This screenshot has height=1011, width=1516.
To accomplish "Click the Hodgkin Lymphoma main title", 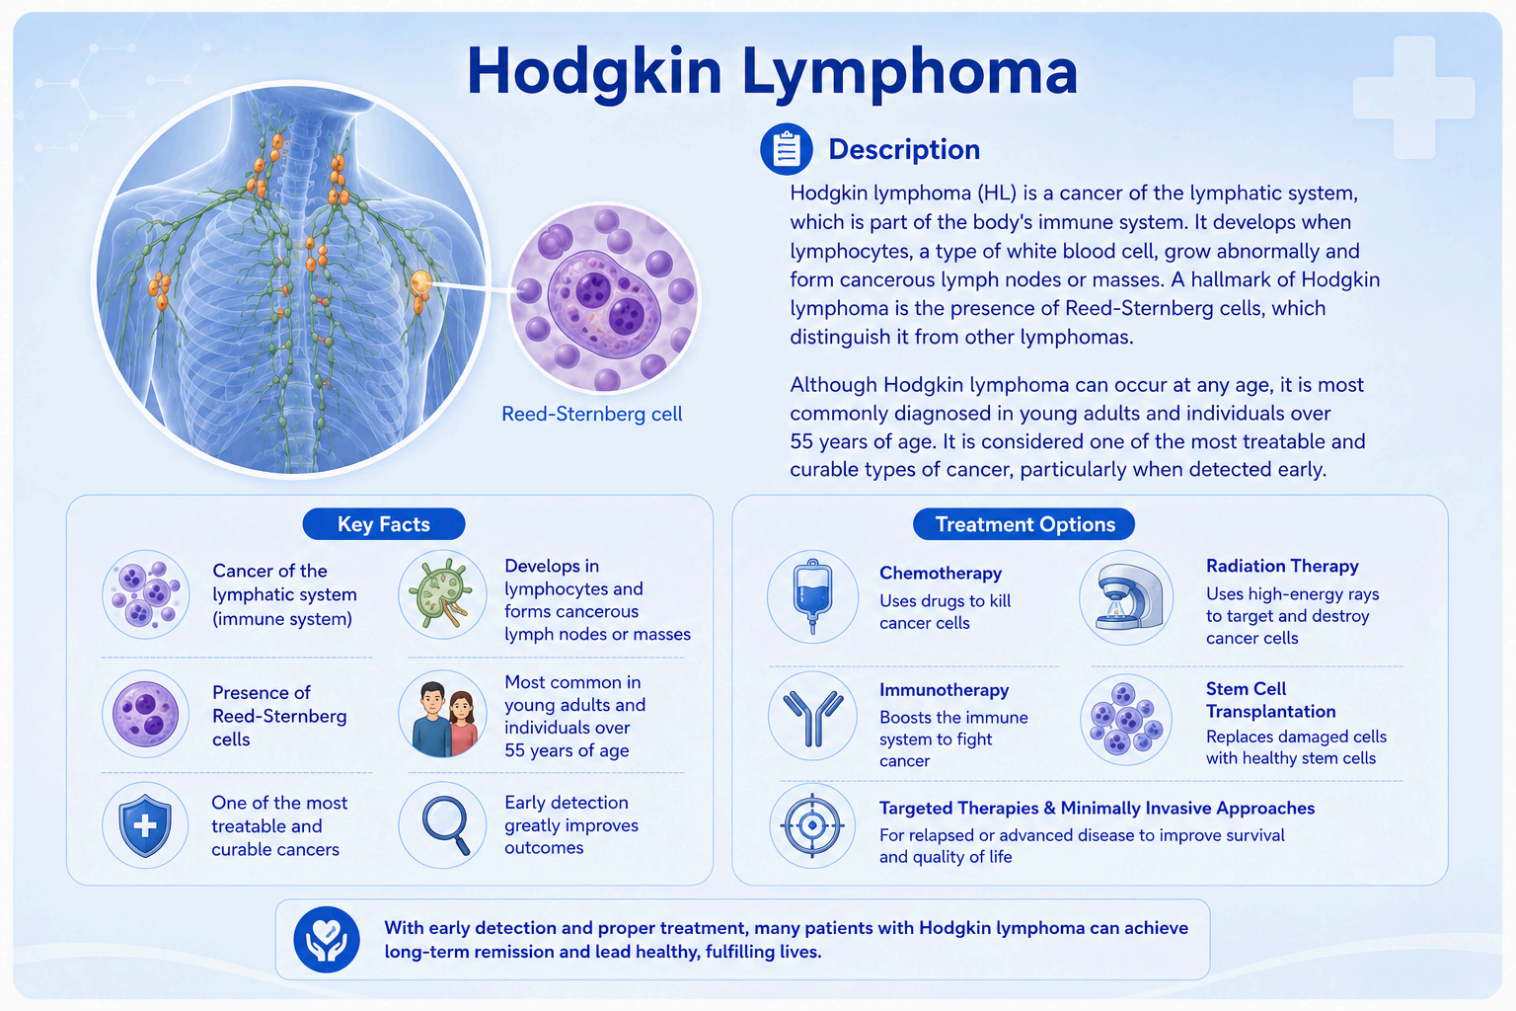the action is click(772, 72).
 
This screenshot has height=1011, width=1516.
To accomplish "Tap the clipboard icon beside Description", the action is click(786, 149).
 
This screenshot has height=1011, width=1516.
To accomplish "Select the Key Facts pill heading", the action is click(384, 524).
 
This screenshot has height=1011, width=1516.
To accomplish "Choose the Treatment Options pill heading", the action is click(1023, 524).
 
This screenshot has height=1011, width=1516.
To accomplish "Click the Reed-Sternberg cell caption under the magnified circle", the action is click(591, 414).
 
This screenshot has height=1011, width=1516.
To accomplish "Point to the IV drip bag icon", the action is click(812, 596).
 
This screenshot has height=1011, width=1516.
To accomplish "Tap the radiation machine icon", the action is click(1126, 597).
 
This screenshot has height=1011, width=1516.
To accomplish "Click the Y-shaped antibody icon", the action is click(813, 717).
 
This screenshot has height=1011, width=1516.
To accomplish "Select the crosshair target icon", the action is click(812, 825).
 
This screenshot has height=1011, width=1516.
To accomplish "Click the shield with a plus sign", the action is click(145, 825).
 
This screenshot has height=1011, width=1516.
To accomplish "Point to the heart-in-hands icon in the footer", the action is click(327, 939).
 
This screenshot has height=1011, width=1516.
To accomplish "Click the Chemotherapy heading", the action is click(940, 573).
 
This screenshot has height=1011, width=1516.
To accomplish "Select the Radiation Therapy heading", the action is click(1282, 566).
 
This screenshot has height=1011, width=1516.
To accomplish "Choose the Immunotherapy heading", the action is click(945, 690).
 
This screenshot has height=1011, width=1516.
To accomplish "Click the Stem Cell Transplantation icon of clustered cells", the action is click(1126, 719).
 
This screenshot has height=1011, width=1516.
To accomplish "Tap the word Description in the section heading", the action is click(904, 150).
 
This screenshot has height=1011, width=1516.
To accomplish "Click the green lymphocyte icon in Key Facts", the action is click(442, 594).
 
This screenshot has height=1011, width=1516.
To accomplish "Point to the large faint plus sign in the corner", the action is click(1413, 98).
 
